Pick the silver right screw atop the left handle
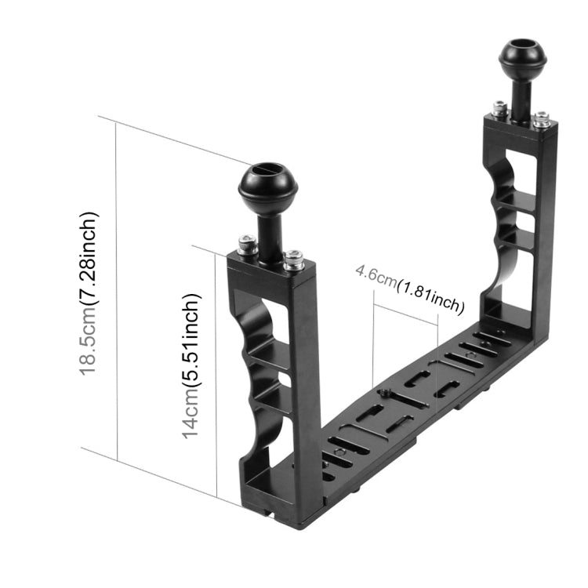coord(293,257)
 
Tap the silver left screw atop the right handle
coord(498,108)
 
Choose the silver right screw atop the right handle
coord(541,118)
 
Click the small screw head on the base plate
coord(384,393)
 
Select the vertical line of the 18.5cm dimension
coord(117,290)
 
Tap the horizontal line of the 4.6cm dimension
coord(405,309)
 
